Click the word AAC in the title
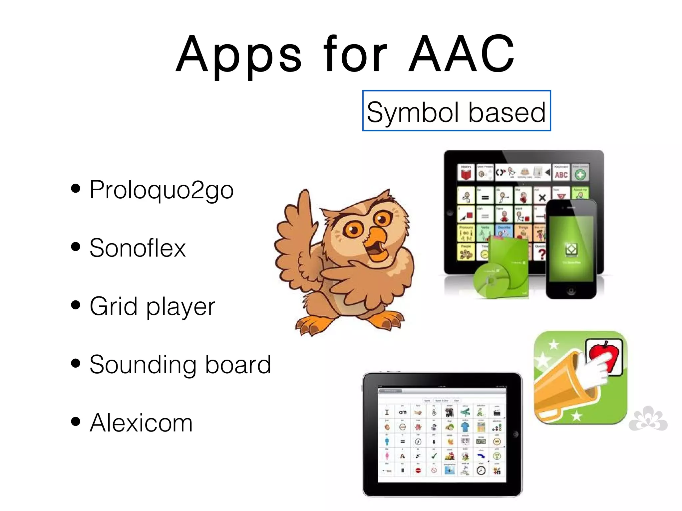click(x=462, y=54)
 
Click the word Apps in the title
click(x=238, y=55)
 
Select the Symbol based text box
click(x=456, y=111)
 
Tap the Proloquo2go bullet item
click(x=162, y=190)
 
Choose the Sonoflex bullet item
click(x=138, y=248)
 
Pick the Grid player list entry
click(x=152, y=306)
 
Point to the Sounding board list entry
click(x=180, y=365)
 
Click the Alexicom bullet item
click(x=141, y=423)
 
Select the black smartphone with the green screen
click(x=571, y=250)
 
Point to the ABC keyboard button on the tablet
click(x=561, y=174)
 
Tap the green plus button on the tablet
click(x=580, y=174)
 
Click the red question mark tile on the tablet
click(x=541, y=254)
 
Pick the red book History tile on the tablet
click(x=466, y=173)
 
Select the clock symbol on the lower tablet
click(x=481, y=470)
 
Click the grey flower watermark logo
click(x=648, y=419)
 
